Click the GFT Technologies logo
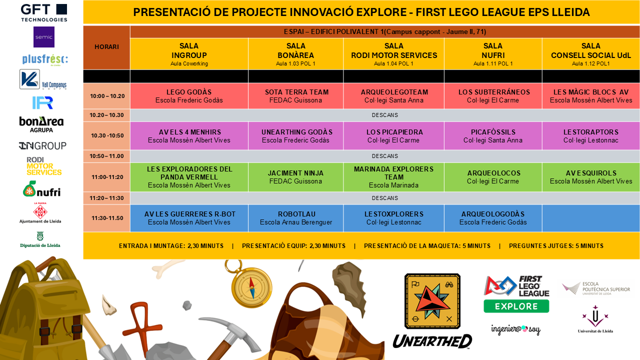[44, 13]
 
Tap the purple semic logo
[44, 37]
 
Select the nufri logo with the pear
[41, 189]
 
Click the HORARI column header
[106, 47]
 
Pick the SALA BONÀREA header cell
[295, 54]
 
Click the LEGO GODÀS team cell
[189, 96]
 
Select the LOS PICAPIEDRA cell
[393, 136]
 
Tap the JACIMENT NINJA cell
[295, 177]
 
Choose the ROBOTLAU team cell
[295, 218]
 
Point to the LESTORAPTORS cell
[591, 136]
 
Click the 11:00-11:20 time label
[107, 177]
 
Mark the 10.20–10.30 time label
[106, 115]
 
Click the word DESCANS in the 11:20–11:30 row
[385, 198]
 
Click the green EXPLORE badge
[516, 306]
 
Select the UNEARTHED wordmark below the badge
[432, 341]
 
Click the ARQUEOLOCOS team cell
[493, 177]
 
